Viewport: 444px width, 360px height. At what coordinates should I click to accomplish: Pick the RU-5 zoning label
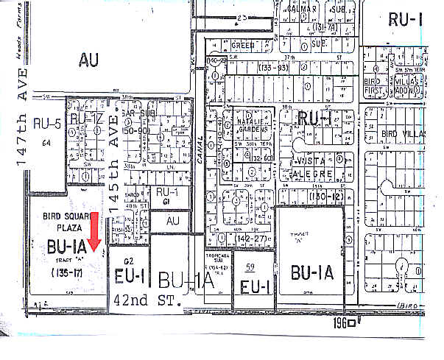coord(47,124)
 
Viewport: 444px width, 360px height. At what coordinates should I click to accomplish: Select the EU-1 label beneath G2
coord(133,276)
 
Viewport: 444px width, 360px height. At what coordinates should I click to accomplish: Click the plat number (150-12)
coord(328,198)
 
